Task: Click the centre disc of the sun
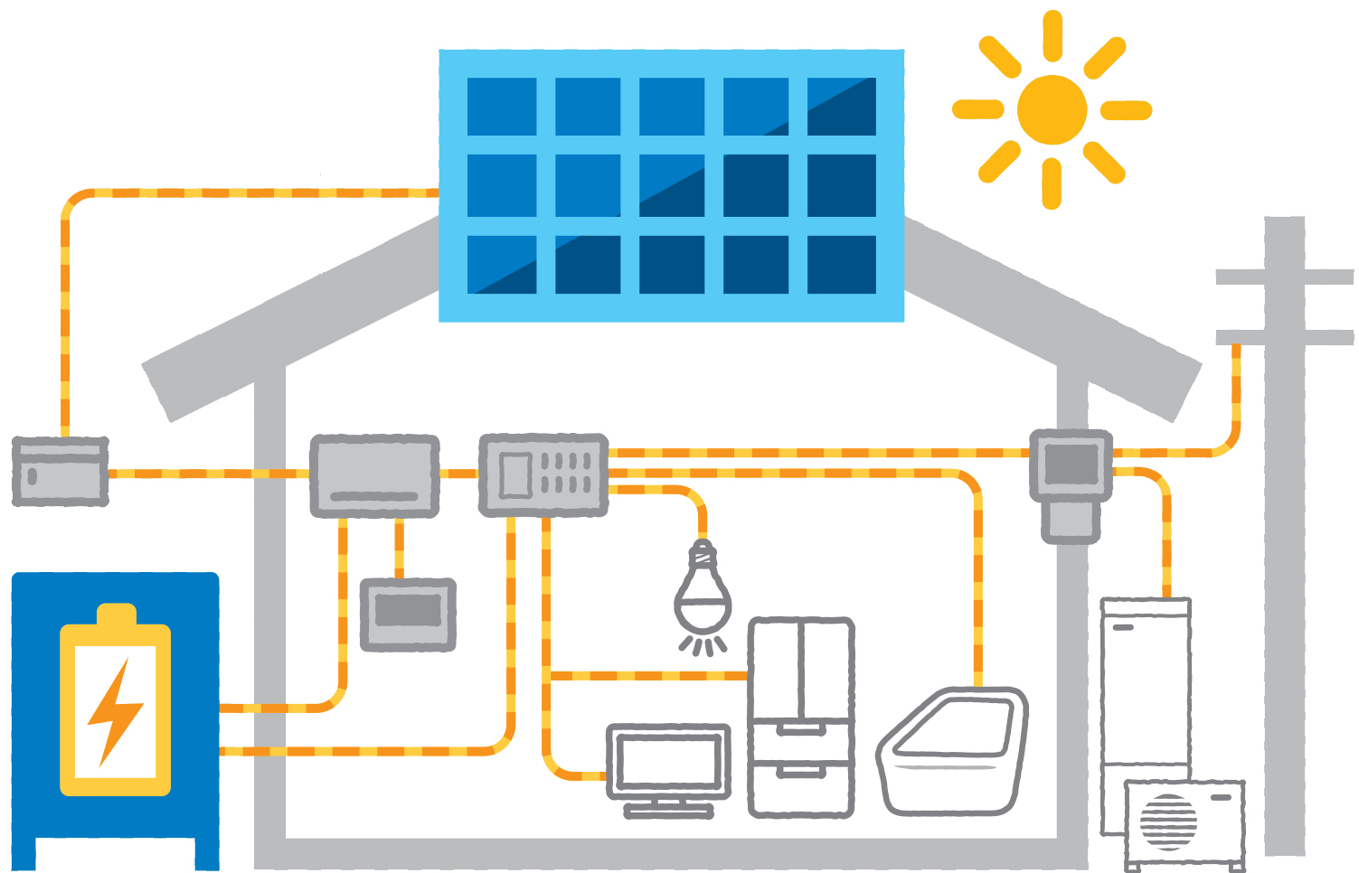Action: (1052, 109)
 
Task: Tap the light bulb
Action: (703, 592)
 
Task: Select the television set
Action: (669, 761)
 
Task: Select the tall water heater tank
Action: (1146, 687)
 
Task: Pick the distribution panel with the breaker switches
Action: (543, 474)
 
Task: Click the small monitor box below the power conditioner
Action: (408, 614)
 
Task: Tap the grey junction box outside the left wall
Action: (61, 471)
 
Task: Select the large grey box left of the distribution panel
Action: (374, 475)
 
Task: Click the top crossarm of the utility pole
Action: (1284, 277)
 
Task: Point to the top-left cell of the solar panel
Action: (502, 107)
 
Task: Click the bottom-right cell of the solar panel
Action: (841, 265)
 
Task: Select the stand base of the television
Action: (669, 811)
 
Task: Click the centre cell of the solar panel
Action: (672, 185)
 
